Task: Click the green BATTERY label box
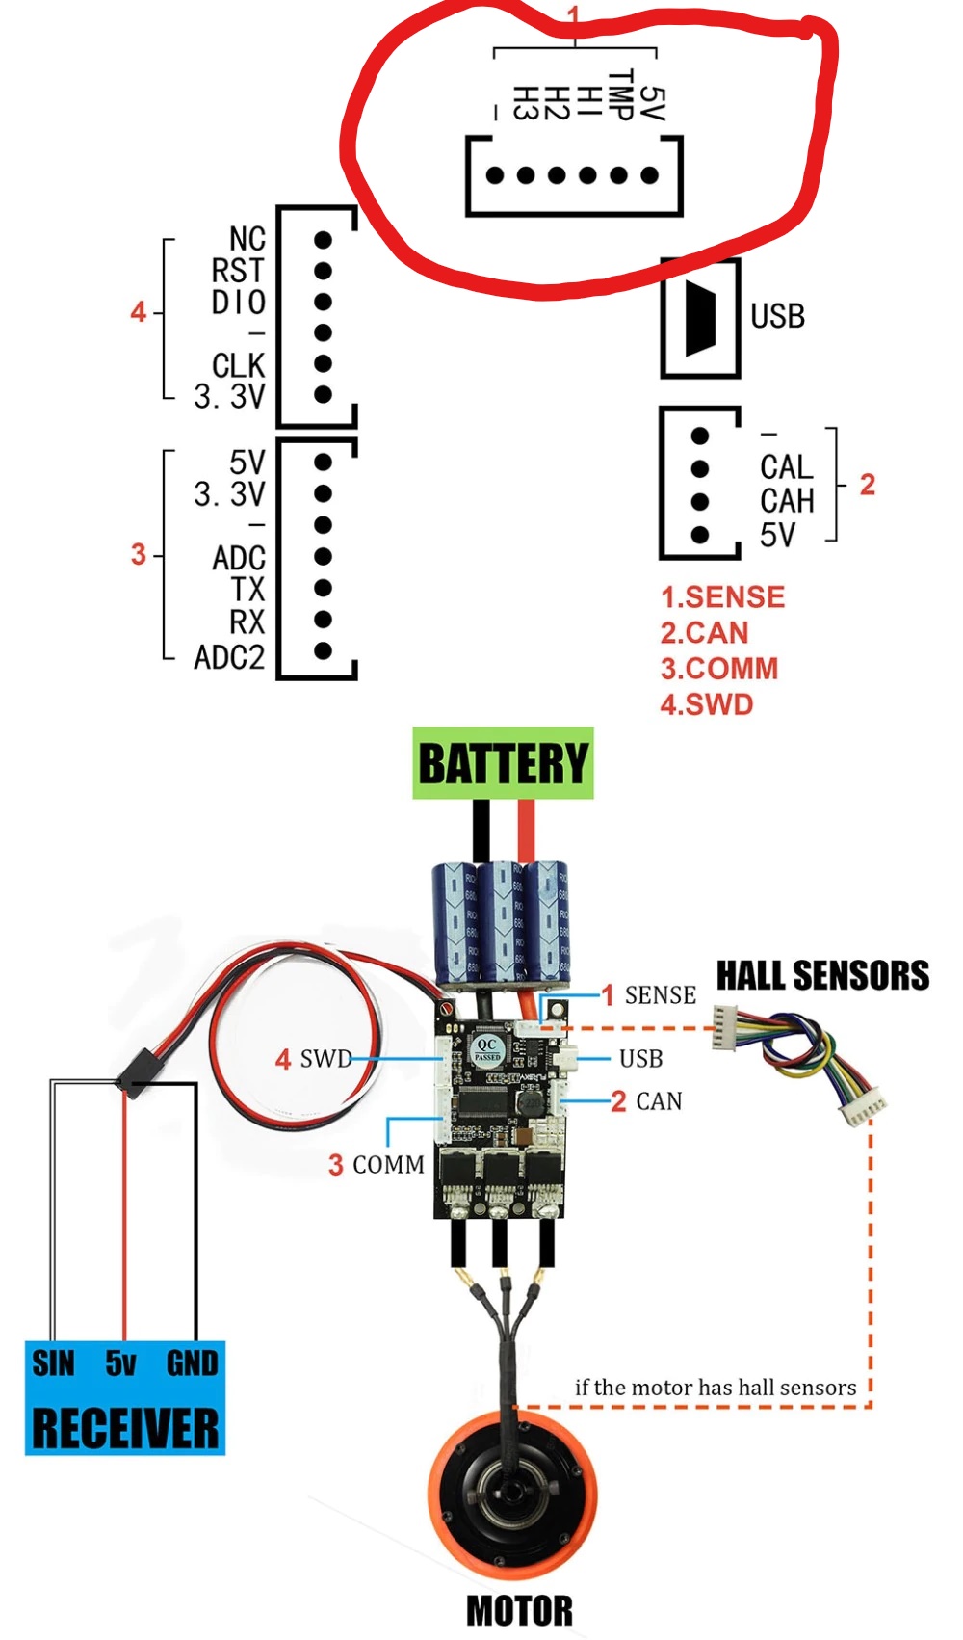(x=503, y=763)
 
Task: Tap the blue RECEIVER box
(x=125, y=1397)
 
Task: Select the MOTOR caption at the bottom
(x=520, y=1612)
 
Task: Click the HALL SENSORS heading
(x=822, y=975)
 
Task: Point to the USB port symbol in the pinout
(x=700, y=319)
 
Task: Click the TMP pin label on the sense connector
(x=620, y=94)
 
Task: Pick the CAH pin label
(x=787, y=501)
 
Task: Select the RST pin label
(x=238, y=271)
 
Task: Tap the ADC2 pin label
(x=229, y=657)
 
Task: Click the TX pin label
(x=247, y=590)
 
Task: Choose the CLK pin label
(x=238, y=364)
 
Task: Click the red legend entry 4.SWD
(x=706, y=704)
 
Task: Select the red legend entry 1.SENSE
(x=722, y=596)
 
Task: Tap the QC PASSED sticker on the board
(x=487, y=1049)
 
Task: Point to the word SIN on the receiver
(x=53, y=1363)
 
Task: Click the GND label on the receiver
(x=192, y=1363)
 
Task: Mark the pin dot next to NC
(x=323, y=240)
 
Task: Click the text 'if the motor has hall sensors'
(x=715, y=1388)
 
